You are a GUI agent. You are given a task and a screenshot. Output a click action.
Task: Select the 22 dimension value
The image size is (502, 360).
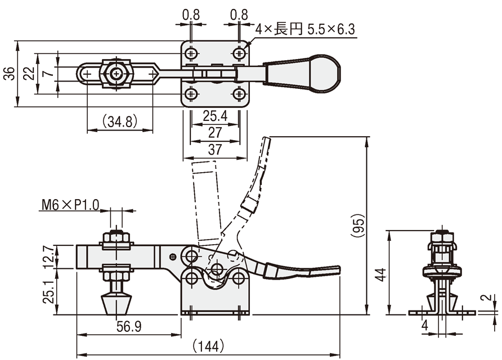click(29, 74)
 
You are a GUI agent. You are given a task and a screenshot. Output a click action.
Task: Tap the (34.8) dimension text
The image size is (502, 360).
click(120, 121)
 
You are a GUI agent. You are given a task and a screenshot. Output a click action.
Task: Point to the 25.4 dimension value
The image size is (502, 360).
click(215, 116)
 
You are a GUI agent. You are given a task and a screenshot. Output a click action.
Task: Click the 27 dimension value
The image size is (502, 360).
click(215, 133)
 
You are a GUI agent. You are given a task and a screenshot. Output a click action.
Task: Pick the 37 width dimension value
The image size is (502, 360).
click(215, 150)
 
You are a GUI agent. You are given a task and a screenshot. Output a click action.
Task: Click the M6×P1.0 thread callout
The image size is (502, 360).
click(71, 205)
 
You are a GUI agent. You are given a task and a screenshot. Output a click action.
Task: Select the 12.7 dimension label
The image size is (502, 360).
click(48, 257)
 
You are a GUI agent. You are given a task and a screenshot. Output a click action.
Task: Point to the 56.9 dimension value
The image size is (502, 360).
click(129, 327)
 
